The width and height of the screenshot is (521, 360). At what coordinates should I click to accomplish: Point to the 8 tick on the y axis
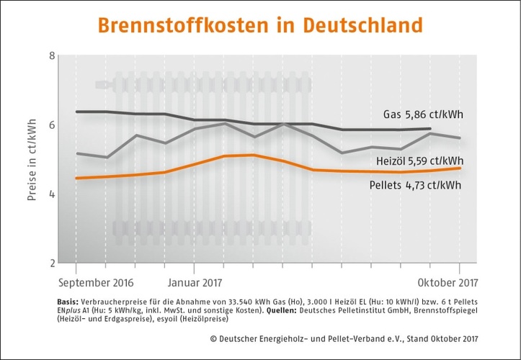pos(53,55)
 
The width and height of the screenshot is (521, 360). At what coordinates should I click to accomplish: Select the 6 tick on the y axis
pos(53,125)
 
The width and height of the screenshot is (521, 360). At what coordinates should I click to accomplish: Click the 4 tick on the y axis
pos(53,194)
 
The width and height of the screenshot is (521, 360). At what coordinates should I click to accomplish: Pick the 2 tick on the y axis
pos(53,263)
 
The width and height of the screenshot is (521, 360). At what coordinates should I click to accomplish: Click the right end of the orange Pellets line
pos(460,168)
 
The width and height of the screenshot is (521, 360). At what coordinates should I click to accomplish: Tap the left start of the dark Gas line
pos(77,112)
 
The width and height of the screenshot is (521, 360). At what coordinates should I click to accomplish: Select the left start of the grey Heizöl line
pos(77,153)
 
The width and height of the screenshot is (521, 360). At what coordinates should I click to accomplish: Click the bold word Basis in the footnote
pos(67,301)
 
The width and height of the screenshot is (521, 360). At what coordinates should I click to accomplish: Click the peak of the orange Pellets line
pos(251,155)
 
